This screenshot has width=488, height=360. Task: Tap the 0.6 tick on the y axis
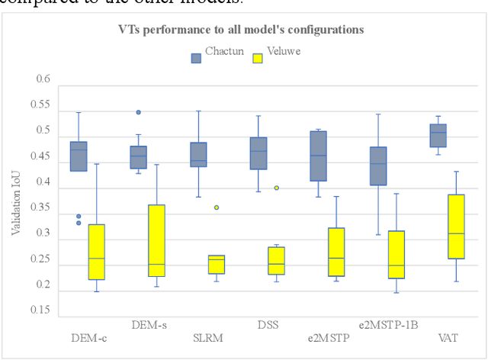pyautogui.click(x=43, y=79)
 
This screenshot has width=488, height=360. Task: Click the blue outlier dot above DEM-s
pyautogui.click(x=138, y=112)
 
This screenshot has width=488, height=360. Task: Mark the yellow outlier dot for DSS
pyautogui.click(x=277, y=188)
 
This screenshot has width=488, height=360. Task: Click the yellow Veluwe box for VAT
pyautogui.click(x=456, y=227)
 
